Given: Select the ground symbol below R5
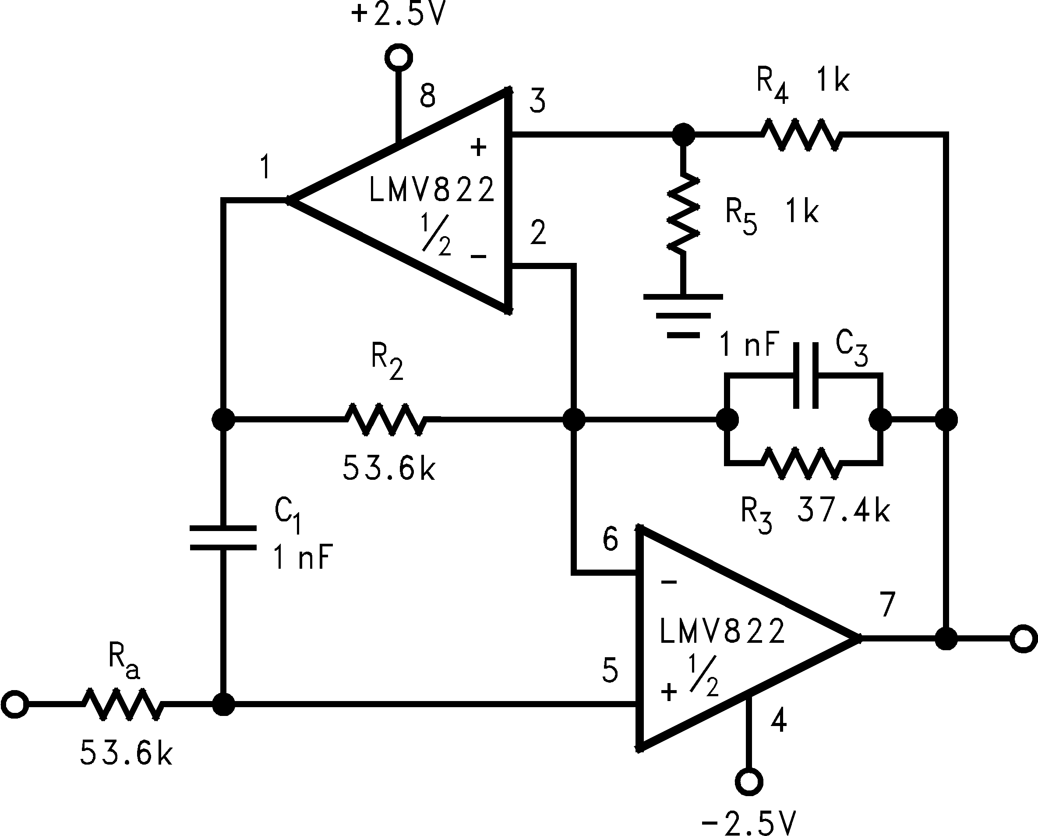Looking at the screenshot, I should coord(683,315).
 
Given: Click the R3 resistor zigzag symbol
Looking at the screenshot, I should coord(801,463).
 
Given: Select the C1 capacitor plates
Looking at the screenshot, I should coord(223,538).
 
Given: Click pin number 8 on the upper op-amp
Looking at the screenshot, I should coord(427,96).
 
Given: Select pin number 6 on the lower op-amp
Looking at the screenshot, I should coord(610,539).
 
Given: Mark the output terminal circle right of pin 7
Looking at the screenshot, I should coord(1024,638).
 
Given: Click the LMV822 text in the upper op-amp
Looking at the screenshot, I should coord(432,190).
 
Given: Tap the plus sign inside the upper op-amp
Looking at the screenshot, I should coord(478,147).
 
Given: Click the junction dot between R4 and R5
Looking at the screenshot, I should coord(683,135).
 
